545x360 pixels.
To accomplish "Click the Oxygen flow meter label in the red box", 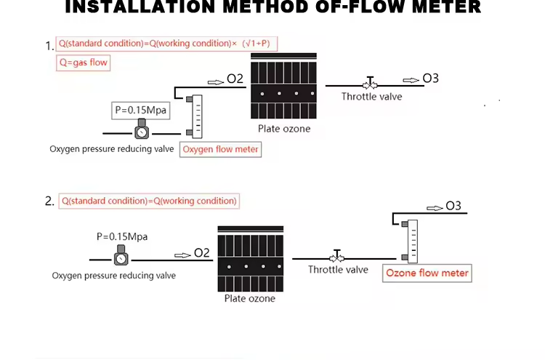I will coord(220,150).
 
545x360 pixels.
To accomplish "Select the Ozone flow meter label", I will coord(427,273).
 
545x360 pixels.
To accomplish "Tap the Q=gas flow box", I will coord(83,63).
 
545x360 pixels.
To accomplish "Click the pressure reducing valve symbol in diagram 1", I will coord(141,132).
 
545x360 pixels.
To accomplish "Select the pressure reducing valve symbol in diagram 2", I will coord(121,257).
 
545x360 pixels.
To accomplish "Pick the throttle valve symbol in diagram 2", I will coord(336,257).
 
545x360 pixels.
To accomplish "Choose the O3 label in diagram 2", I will coord(453,207).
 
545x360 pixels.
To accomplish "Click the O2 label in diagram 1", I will coord(235,79).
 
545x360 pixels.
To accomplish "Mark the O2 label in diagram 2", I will coord(202,253).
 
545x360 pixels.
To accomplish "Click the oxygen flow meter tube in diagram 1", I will coord(195,116).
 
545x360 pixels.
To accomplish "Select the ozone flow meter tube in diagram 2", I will coord(411,240).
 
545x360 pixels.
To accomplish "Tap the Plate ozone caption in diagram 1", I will coord(284,129).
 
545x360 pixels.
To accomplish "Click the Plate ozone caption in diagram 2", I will coord(250,298).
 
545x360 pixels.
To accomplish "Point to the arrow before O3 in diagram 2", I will coord(435,207).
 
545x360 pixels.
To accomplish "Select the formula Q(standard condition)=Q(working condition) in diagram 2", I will coord(149,201).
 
